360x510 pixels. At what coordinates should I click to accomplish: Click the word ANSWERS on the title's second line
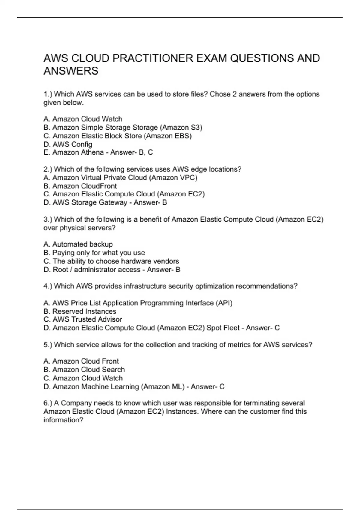(71, 71)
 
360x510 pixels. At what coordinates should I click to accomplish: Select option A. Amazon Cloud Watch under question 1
(83, 119)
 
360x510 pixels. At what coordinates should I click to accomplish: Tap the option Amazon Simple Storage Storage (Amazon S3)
(123, 127)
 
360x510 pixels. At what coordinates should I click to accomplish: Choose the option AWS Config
(68, 144)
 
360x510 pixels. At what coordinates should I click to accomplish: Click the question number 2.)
(48, 169)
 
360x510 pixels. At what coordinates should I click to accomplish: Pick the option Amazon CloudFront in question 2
(80, 186)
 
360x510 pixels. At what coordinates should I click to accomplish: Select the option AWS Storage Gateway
(86, 202)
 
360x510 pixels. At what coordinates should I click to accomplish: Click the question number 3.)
(48, 220)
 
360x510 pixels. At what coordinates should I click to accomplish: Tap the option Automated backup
(78, 244)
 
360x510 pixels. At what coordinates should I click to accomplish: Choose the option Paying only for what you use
(94, 253)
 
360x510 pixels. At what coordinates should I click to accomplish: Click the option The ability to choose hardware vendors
(111, 261)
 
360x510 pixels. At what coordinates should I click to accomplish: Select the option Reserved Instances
(80, 311)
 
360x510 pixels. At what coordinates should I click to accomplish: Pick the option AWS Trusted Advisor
(83, 319)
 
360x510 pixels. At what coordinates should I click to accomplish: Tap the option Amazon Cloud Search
(84, 370)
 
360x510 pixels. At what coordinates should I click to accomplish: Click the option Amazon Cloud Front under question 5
(81, 361)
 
